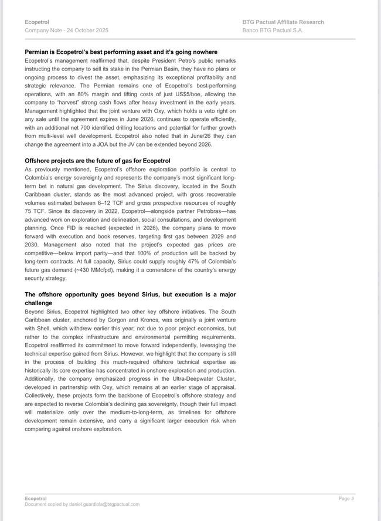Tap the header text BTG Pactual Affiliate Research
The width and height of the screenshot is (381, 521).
pos(283,22)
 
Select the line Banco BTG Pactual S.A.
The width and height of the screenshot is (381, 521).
pos(273,30)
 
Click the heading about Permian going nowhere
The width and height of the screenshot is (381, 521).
pos(121,52)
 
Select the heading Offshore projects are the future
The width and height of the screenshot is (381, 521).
pos(97,161)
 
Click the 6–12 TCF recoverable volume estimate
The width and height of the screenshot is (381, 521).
pos(125,202)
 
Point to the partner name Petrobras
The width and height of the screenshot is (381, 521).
pos(201,211)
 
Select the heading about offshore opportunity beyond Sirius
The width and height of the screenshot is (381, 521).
pos(130,298)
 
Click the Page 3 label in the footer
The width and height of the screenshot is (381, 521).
pos(346,499)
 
